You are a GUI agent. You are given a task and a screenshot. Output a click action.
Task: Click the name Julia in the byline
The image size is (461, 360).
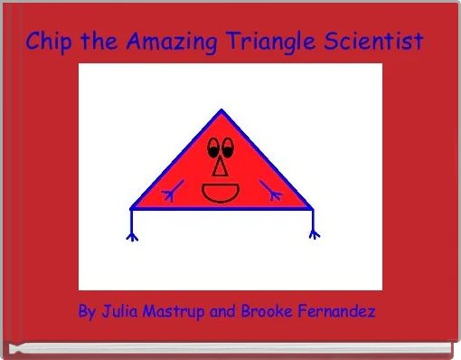coord(120,312)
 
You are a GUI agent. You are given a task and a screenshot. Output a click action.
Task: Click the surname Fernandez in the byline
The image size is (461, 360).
coord(338,312)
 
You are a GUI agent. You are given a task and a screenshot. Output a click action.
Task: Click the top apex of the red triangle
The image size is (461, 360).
coord(221,112)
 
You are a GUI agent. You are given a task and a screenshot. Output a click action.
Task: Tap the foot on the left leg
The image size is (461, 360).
coord(132,236)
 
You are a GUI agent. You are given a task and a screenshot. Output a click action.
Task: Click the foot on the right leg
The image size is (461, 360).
coord(315,234)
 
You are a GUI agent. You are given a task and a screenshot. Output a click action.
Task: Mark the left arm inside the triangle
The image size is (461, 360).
coord(172,192)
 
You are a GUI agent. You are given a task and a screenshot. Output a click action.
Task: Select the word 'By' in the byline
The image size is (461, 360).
coord(88,312)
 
